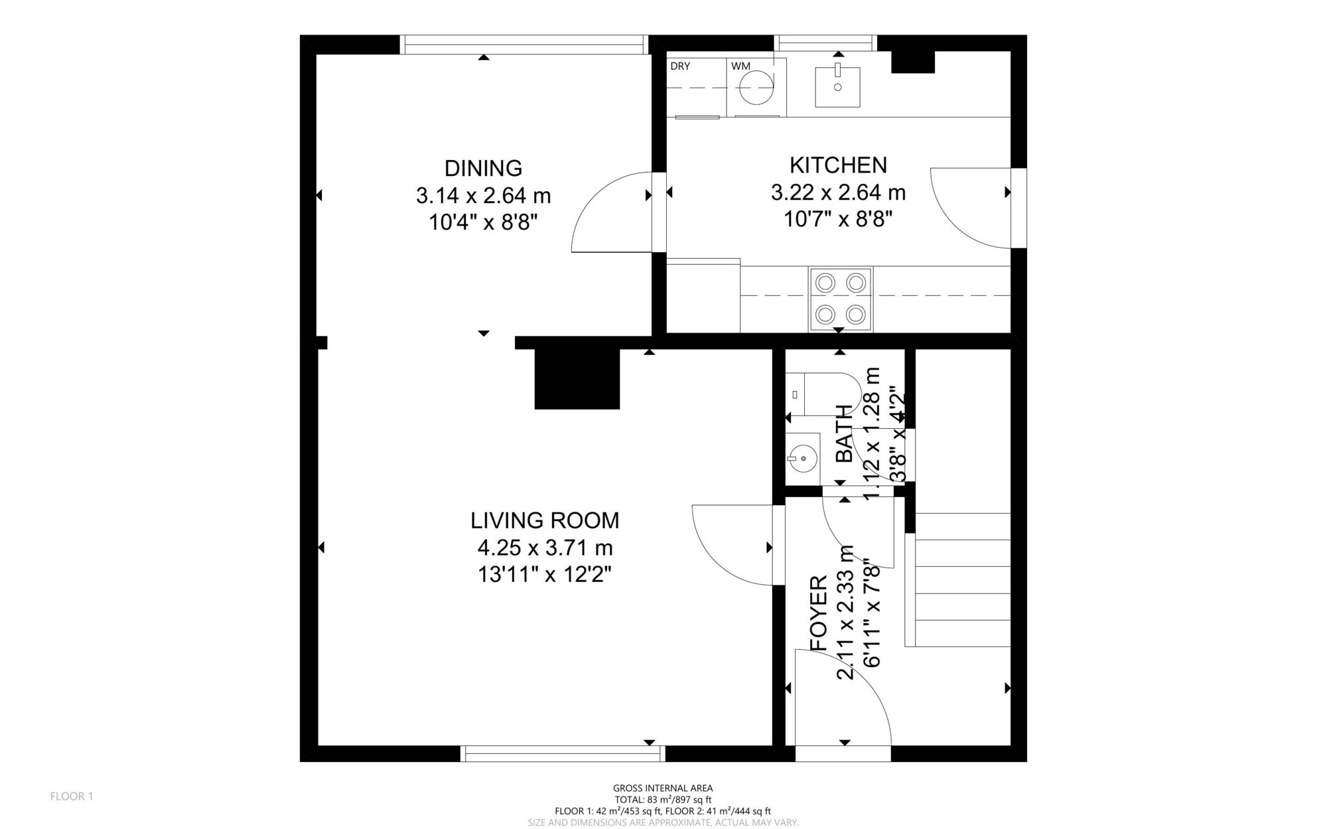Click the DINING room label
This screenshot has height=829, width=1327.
pyautogui.click(x=483, y=168)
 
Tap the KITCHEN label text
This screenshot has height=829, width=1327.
pyautogui.click(x=838, y=165)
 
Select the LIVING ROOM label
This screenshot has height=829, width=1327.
pyautogui.click(x=545, y=520)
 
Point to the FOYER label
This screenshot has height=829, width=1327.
pyautogui.click(x=819, y=613)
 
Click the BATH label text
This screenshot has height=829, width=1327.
pyautogui.click(x=843, y=433)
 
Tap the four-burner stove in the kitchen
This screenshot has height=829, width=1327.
pyautogui.click(x=840, y=299)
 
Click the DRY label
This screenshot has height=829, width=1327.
pyautogui.click(x=680, y=66)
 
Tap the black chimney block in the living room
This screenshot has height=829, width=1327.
pyautogui.click(x=577, y=379)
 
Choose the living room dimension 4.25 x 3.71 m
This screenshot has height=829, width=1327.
pyautogui.click(x=545, y=548)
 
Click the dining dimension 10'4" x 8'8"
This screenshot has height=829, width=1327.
pyautogui.click(x=483, y=222)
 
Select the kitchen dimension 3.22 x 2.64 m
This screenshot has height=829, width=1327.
pyautogui.click(x=838, y=192)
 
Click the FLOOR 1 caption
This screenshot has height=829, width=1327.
pyautogui.click(x=72, y=796)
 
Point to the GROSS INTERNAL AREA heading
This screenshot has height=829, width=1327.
pyautogui.click(x=663, y=789)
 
